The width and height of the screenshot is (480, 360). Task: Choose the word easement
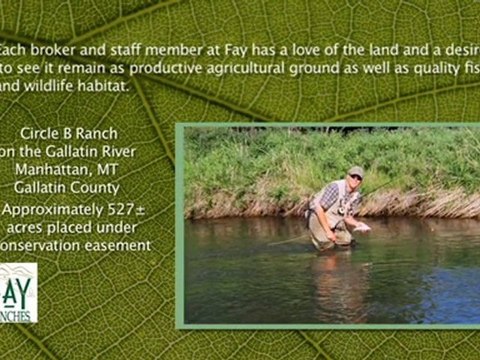click(117, 245)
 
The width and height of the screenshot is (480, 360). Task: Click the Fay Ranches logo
click(17, 293)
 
